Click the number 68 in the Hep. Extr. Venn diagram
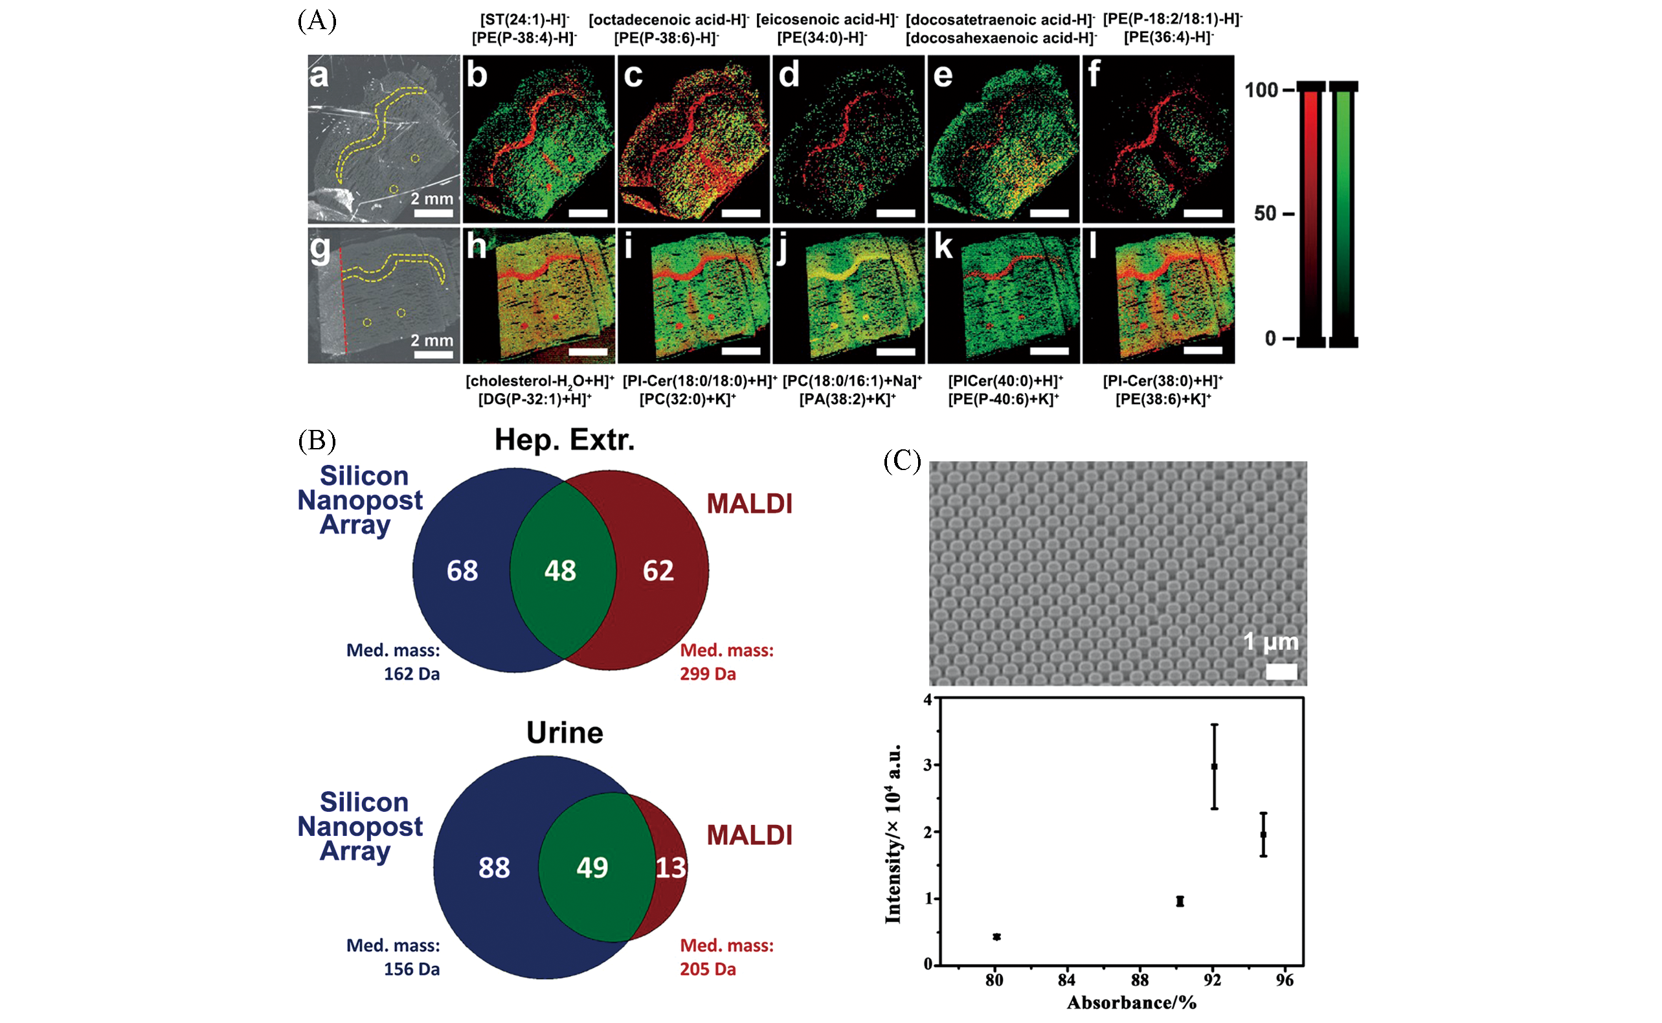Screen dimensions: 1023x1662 (x=462, y=570)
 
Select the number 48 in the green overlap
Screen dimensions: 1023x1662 (x=560, y=570)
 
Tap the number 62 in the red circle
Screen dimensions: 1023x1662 (x=658, y=570)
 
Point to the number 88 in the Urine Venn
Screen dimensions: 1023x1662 (x=494, y=868)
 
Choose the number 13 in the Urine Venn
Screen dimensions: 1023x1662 (x=670, y=868)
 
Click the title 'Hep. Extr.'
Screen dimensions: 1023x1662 (x=564, y=440)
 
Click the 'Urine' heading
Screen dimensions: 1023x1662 (x=564, y=733)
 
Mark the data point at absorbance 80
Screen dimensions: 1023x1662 (x=996, y=937)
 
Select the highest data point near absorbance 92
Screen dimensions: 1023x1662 (x=1214, y=766)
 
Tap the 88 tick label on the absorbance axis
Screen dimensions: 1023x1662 (x=1140, y=980)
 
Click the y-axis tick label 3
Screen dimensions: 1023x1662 (x=928, y=765)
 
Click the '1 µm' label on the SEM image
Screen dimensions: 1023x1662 (x=1270, y=642)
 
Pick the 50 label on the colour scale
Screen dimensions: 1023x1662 (x=1266, y=214)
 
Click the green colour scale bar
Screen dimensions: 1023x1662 (x=1343, y=214)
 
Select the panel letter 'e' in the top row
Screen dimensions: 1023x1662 (x=943, y=75)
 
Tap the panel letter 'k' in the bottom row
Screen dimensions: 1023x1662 (x=943, y=247)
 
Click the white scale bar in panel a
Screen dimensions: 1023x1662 (x=433, y=214)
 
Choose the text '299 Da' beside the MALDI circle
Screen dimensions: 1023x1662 (x=708, y=674)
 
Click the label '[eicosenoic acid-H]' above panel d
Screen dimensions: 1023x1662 (x=826, y=19)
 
